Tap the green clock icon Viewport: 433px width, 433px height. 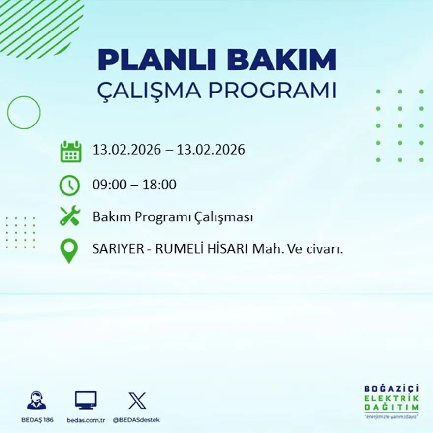point(70,186)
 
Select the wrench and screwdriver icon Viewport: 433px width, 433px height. point(70,216)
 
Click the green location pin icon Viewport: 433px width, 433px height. point(69,250)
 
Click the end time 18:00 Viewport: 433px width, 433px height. point(159,185)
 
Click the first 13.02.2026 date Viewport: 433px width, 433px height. point(127,150)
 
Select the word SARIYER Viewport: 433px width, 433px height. point(119,249)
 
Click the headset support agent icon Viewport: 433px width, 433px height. point(36,401)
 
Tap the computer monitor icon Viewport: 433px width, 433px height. point(86,401)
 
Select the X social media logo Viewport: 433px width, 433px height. point(137,401)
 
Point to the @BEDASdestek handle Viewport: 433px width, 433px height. point(136,420)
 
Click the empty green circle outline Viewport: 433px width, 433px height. point(24,113)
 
